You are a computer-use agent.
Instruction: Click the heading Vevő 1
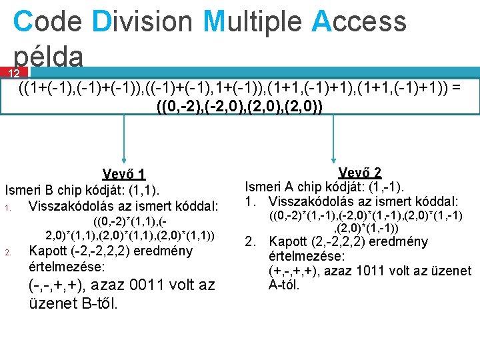pyautogui.click(x=123, y=174)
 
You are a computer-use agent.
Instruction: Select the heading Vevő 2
pyautogui.click(x=359, y=172)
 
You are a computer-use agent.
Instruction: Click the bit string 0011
pyautogui.click(x=143, y=285)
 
